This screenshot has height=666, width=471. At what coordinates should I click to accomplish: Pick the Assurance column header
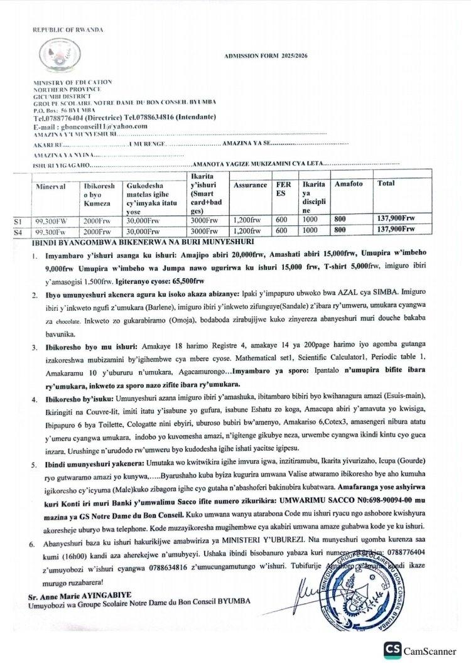(251, 186)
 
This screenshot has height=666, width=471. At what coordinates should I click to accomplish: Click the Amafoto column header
(347, 186)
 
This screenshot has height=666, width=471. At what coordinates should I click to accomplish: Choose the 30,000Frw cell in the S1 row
(141, 220)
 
